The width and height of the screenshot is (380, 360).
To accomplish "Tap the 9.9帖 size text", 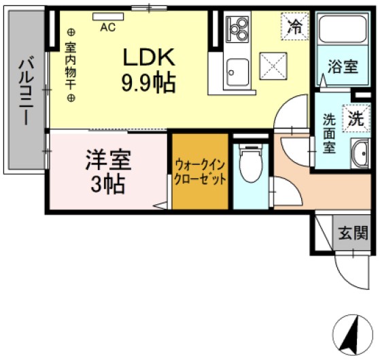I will (150, 83).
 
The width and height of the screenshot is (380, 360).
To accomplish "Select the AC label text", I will (107, 28).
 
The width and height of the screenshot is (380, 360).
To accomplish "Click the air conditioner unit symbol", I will (107, 16).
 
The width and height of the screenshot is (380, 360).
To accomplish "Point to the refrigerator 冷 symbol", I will (295, 27).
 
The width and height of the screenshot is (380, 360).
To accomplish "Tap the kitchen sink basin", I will (238, 68).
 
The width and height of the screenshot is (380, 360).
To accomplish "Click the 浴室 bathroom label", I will (343, 67).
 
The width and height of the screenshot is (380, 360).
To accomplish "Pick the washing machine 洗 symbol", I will (356, 118).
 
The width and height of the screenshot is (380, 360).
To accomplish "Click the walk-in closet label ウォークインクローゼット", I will (200, 172).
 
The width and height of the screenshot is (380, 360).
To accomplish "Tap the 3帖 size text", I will (107, 184).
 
